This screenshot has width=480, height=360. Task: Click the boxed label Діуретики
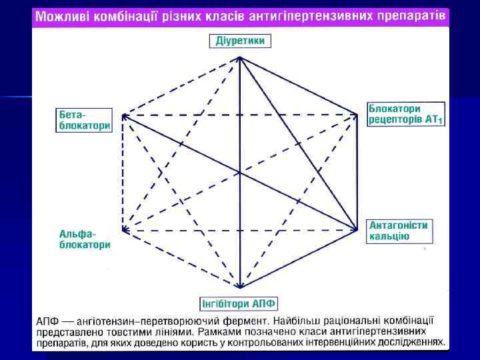pyautogui.click(x=240, y=41)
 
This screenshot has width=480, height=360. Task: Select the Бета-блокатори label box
pyautogui.click(x=83, y=119)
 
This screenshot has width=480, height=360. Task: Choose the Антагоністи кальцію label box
pyautogui.click(x=399, y=230)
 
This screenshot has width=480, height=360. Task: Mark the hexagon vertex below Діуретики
pyautogui.click(x=239, y=58)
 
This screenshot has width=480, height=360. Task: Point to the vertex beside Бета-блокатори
pyautogui.click(x=123, y=116)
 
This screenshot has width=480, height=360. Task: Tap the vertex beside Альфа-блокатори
pyautogui.click(x=123, y=230)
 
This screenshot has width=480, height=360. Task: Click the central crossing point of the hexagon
pyautogui.click(x=239, y=173)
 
